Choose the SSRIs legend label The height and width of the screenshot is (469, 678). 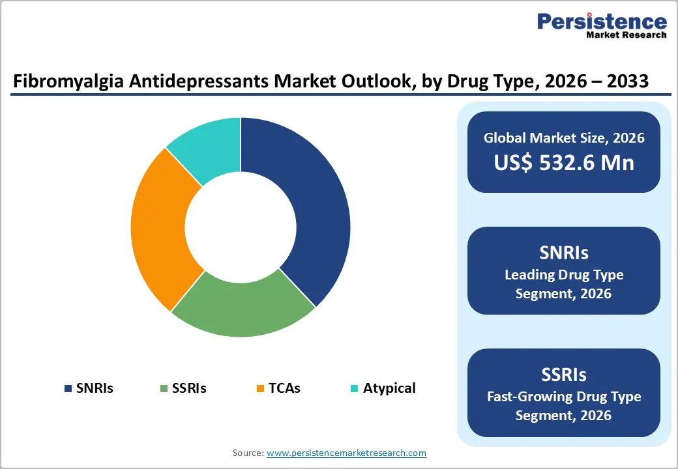click(189, 388)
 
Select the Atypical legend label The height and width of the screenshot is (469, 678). click(389, 388)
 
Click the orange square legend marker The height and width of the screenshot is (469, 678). click(260, 389)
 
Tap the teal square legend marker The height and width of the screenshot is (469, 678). click(354, 389)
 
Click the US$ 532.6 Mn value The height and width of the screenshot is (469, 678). click(564, 162)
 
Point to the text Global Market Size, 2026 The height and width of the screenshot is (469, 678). click(564, 137)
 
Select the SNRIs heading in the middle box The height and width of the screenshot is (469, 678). click(564, 252)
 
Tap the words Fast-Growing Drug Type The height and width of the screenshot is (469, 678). click(564, 396)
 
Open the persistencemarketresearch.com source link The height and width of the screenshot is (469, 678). click(346, 452)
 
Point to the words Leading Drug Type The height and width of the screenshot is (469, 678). click(564, 274)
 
